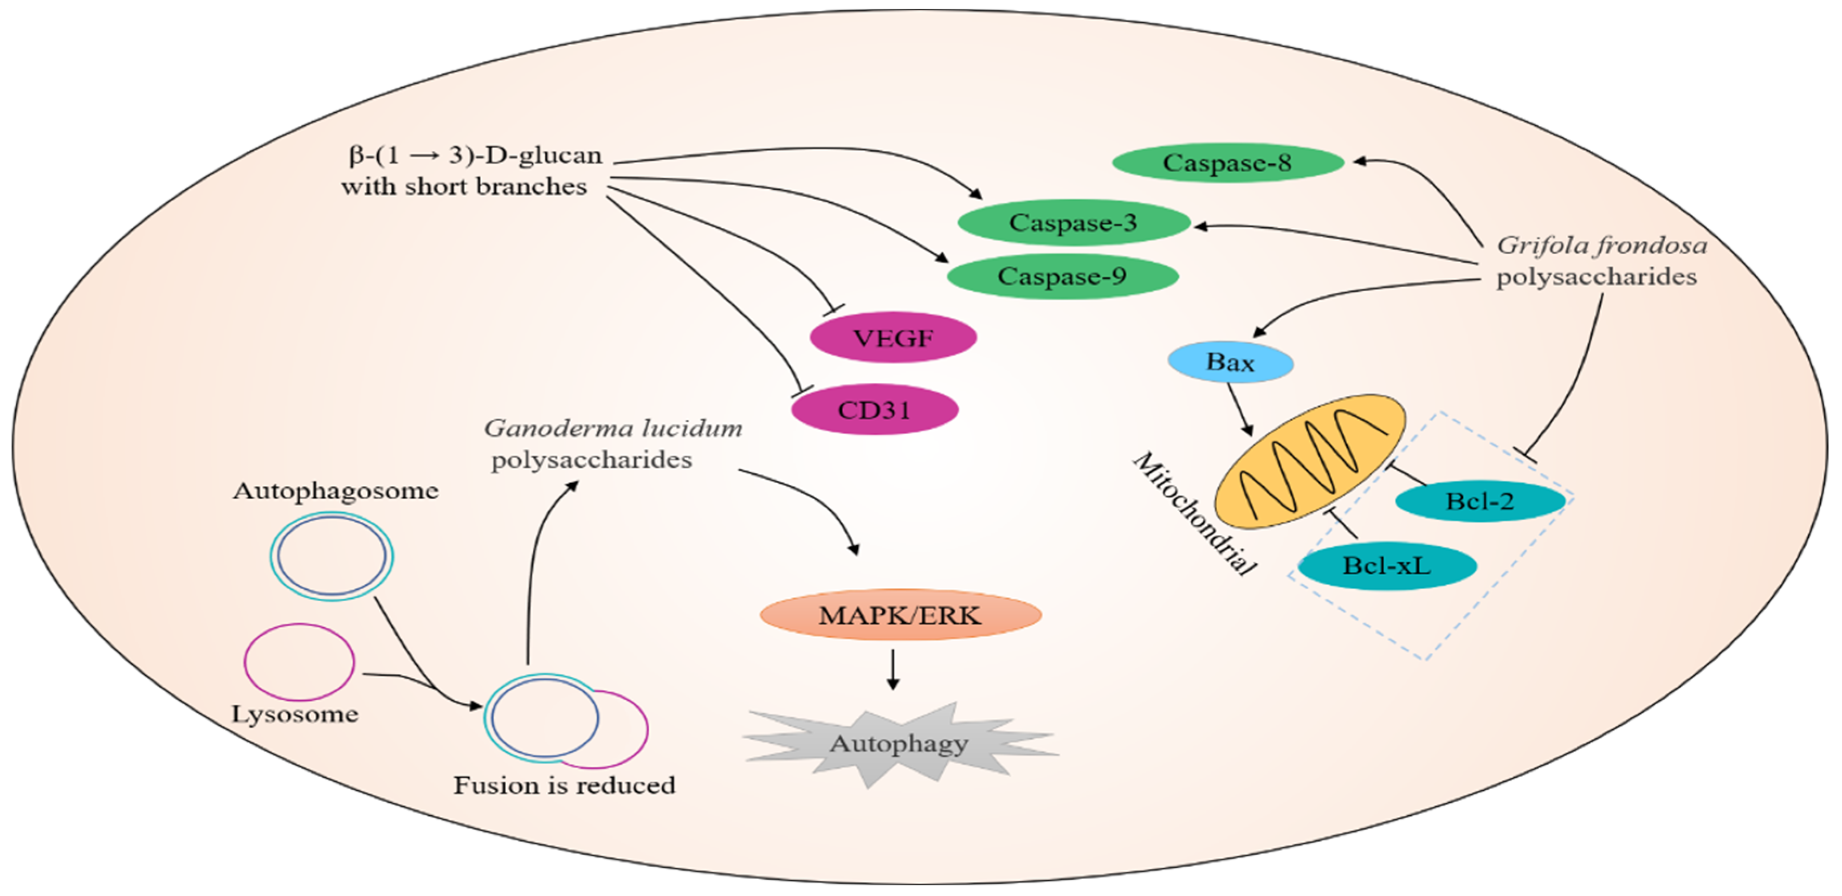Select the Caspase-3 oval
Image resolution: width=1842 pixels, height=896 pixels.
point(1074,222)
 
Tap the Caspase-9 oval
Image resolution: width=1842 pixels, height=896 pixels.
point(1063,276)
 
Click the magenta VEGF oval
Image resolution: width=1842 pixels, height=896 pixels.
point(893,338)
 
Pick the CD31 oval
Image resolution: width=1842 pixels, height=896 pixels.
point(875,410)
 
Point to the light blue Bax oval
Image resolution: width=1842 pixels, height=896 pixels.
point(1230,362)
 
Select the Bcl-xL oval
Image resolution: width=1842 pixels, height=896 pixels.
point(1386,566)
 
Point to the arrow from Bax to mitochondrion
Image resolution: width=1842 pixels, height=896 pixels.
point(1240,410)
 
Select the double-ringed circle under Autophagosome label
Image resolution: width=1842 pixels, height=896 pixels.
point(332,556)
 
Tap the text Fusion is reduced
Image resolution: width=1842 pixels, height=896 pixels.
point(564,786)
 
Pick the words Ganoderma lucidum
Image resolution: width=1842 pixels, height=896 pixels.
point(613,428)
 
